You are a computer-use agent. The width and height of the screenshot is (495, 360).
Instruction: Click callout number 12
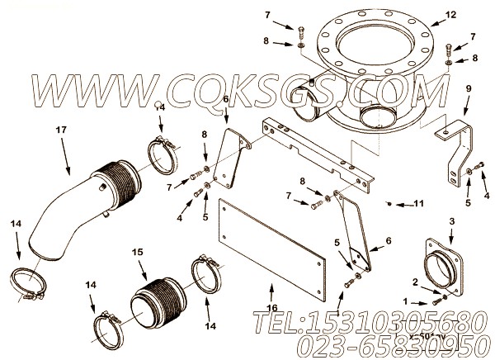tap(473, 15)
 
